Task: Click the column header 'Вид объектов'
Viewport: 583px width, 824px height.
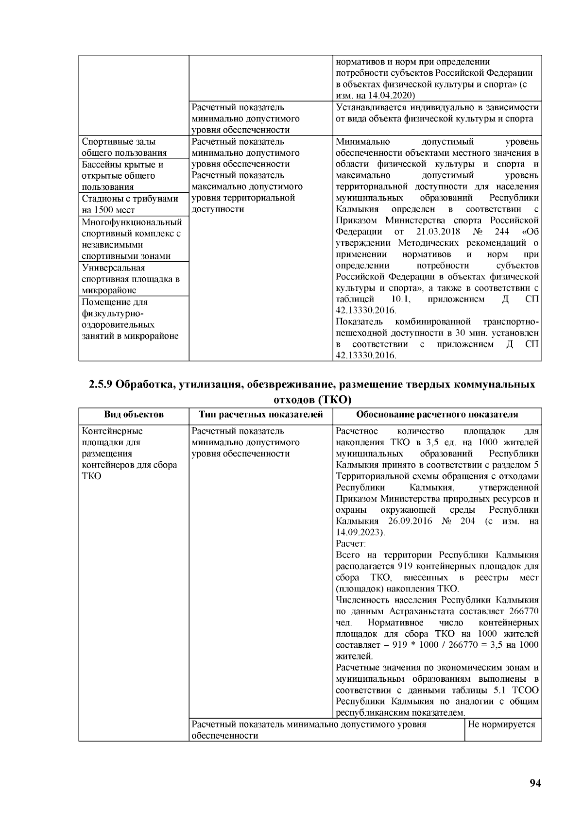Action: pyautogui.click(x=134, y=414)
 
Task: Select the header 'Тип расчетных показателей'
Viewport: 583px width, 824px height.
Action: pyautogui.click(x=260, y=414)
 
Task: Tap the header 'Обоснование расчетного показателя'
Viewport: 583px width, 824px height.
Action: pyautogui.click(x=437, y=414)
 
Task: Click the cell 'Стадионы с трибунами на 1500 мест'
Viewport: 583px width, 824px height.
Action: pyautogui.click(x=130, y=204)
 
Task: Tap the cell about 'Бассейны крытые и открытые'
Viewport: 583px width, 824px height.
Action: pyautogui.click(x=122, y=175)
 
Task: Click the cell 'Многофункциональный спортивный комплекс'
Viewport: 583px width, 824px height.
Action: pyautogui.click(x=132, y=239)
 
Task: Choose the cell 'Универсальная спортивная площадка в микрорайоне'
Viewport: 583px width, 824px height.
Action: pyautogui.click(x=131, y=279)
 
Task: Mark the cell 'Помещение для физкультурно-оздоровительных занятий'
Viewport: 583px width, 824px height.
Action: pyautogui.click(x=130, y=319)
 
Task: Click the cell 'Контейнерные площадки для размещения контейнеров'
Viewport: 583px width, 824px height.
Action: pyautogui.click(x=129, y=453)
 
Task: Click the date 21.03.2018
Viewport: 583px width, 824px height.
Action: pyautogui.click(x=438, y=232)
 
